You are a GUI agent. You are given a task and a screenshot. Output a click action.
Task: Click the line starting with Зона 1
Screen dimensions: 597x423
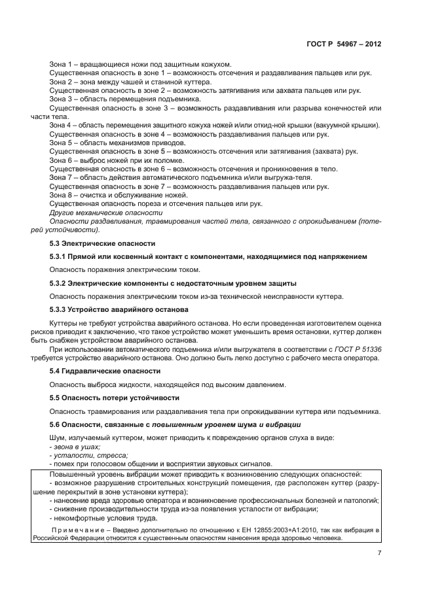[x=141, y=64]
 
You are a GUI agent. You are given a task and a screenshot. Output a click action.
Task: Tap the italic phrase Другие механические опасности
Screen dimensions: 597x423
[x=105, y=213]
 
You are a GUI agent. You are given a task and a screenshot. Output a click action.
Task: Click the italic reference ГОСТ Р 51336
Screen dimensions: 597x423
[x=361, y=349]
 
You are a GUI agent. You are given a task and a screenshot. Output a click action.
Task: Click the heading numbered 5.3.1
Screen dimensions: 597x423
[x=208, y=256]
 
